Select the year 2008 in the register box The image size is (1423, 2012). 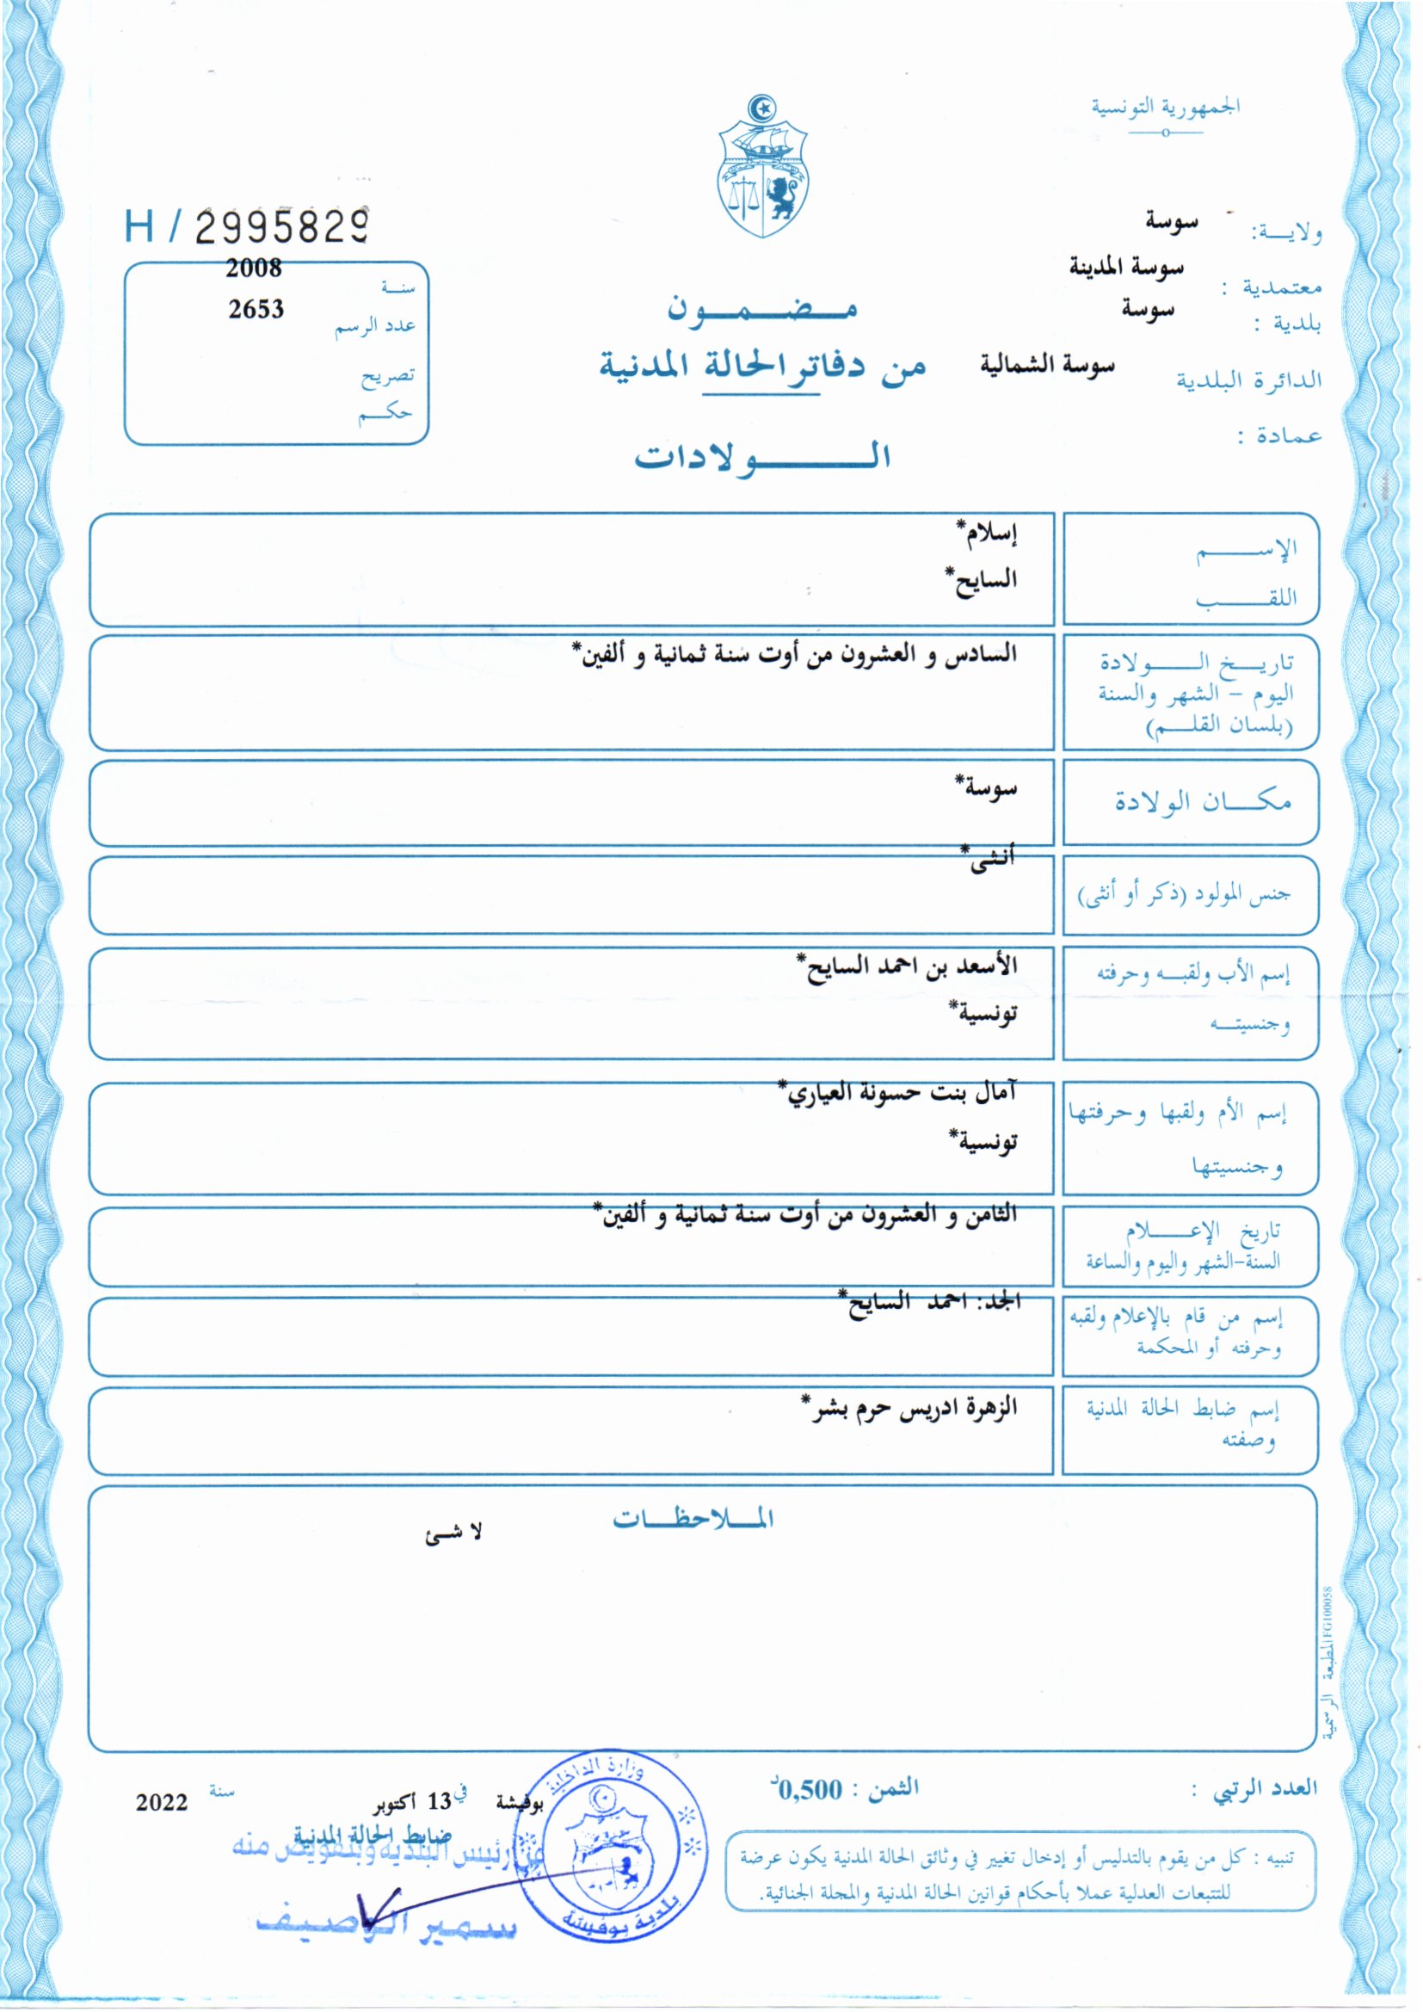[253, 268]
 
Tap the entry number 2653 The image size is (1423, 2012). [256, 309]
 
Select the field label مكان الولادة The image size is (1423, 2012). [1201, 801]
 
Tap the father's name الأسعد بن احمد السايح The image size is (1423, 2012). [907, 966]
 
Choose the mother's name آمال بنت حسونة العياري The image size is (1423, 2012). [898, 1092]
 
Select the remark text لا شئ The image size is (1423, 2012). [453, 1534]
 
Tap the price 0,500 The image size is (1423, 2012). [810, 1789]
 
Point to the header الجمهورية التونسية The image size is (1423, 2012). [1165, 107]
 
